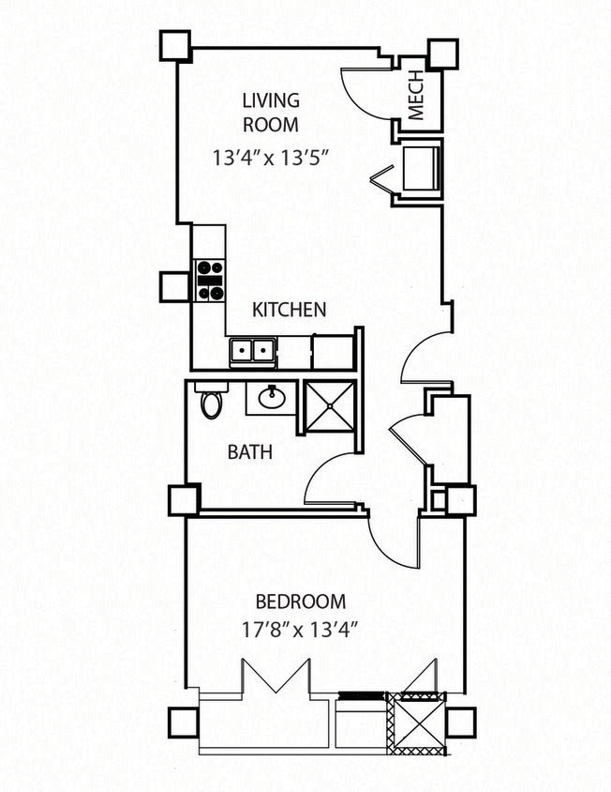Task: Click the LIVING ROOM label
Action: tap(271, 112)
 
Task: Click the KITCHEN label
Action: tap(289, 309)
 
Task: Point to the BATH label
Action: tap(250, 452)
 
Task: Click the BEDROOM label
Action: tap(301, 602)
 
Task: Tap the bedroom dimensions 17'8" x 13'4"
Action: tap(301, 629)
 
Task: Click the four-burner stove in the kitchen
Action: tap(210, 280)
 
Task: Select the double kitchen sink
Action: tap(252, 352)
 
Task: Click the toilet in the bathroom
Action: tap(211, 402)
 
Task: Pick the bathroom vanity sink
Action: tap(273, 398)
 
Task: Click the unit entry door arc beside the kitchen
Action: tap(422, 357)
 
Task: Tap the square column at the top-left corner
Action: tap(174, 44)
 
